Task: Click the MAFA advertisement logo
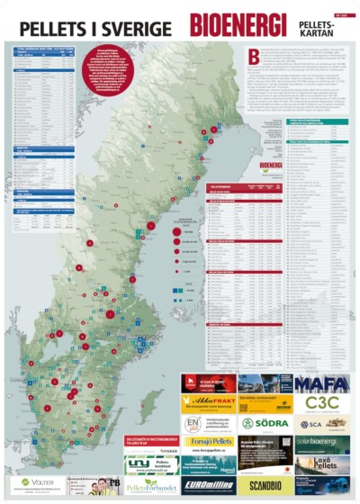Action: tap(322, 383)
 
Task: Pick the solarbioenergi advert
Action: tap(322, 444)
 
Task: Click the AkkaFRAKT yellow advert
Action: tap(208, 403)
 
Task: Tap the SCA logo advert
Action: tap(322, 423)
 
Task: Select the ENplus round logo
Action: tap(193, 423)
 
